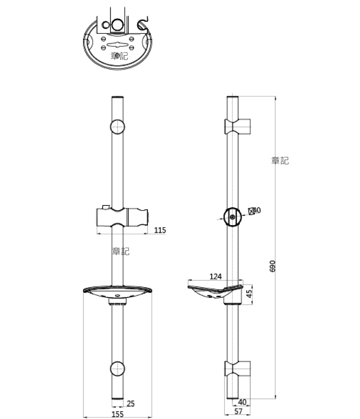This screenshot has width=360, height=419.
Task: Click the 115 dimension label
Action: pyautogui.click(x=159, y=230)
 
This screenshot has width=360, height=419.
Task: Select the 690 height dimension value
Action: pyautogui.click(x=273, y=265)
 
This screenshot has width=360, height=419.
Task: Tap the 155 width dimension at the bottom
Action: pyautogui.click(x=118, y=414)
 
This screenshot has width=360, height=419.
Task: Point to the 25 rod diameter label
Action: pyautogui.click(x=131, y=404)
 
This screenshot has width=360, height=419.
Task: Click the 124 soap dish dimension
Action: pyautogui.click(x=215, y=277)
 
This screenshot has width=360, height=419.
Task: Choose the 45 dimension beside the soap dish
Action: pyautogui.click(x=249, y=294)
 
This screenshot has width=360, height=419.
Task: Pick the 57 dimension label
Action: pyautogui.click(x=238, y=412)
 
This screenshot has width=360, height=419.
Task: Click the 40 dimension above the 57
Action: pyautogui.click(x=242, y=402)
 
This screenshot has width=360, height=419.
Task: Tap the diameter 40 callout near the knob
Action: pyautogui.click(x=255, y=210)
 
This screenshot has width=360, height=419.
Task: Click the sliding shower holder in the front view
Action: pyautogui.click(x=122, y=216)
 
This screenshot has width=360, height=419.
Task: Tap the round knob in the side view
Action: pyautogui.click(x=232, y=217)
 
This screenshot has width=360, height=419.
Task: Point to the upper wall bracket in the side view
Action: pyautogui.click(x=238, y=126)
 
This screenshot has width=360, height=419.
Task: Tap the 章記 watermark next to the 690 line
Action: pyautogui.click(x=280, y=160)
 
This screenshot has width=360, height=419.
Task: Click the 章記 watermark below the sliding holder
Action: pyautogui.click(x=121, y=251)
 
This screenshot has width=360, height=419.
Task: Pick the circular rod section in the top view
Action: pyautogui.click(x=117, y=24)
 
